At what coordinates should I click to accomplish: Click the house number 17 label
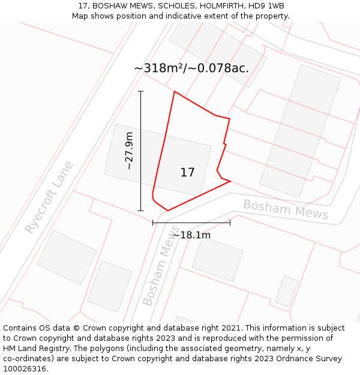click(x=187, y=173)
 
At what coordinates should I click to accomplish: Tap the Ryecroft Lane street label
click(x=49, y=197)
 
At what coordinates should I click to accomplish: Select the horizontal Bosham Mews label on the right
click(x=286, y=209)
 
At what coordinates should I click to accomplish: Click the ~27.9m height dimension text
click(x=129, y=151)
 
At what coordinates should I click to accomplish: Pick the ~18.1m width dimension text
click(x=191, y=235)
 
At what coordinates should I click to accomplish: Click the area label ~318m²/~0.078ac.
click(x=191, y=68)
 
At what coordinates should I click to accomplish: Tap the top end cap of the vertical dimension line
click(x=141, y=91)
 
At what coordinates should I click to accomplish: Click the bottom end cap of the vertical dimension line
click(x=141, y=211)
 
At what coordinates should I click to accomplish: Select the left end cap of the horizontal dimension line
click(x=153, y=223)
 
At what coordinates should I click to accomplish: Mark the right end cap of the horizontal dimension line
click(x=230, y=223)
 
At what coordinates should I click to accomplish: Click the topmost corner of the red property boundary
click(x=174, y=92)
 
